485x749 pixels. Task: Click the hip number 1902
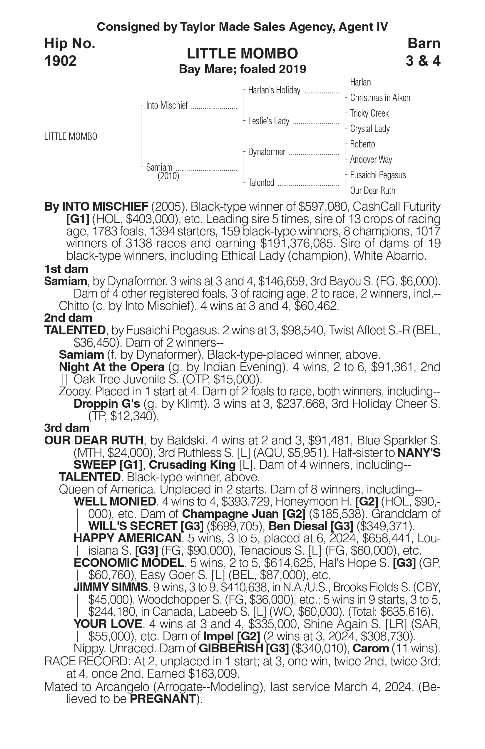click(61, 61)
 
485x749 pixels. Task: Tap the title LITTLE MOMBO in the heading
click(242, 53)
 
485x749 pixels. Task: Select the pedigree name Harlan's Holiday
click(274, 90)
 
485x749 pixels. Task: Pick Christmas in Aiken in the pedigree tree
click(380, 98)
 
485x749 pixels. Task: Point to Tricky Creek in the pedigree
click(369, 113)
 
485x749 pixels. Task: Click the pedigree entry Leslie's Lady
click(268, 121)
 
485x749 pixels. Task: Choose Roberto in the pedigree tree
click(362, 144)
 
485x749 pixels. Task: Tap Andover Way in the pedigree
click(371, 159)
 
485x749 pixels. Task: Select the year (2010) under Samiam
click(168, 176)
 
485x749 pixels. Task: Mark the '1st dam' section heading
click(66, 269)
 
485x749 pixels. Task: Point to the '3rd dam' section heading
click(67, 428)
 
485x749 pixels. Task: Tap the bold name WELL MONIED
click(115, 501)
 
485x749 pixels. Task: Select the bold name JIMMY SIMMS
click(110, 587)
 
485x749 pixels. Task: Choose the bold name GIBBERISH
click(231, 648)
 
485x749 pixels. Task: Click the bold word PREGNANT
click(163, 698)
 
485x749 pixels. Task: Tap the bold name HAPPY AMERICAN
click(127, 538)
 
